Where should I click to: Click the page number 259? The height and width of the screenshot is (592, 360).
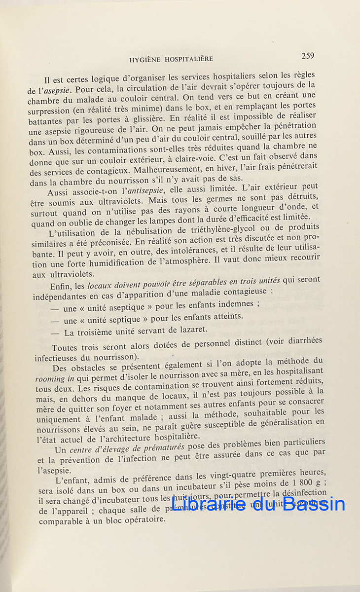tap(308, 56)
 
